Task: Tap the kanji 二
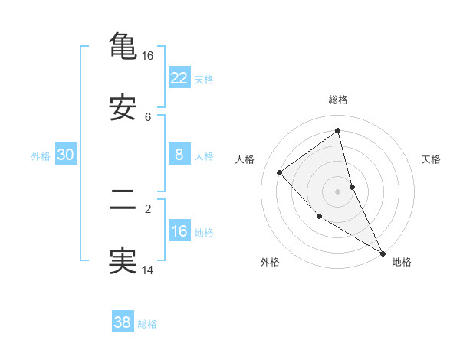pos(123,201)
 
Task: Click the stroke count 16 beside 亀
pos(147,56)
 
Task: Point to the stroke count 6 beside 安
pos(148,117)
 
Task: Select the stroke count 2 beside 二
pos(148,208)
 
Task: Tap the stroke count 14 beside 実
pos(147,270)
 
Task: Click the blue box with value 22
pos(179,77)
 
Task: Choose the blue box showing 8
pos(179,155)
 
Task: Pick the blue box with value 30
pos(66,155)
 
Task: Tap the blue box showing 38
pos(123,322)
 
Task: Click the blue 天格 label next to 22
pos(204,79)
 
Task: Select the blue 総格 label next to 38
pos(147,324)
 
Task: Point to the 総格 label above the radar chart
pos(338,100)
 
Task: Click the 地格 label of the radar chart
pos(402,262)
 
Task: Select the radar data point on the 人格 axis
pos(280,172)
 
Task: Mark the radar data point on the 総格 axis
pos(338,131)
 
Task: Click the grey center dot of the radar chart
pos(338,191)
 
